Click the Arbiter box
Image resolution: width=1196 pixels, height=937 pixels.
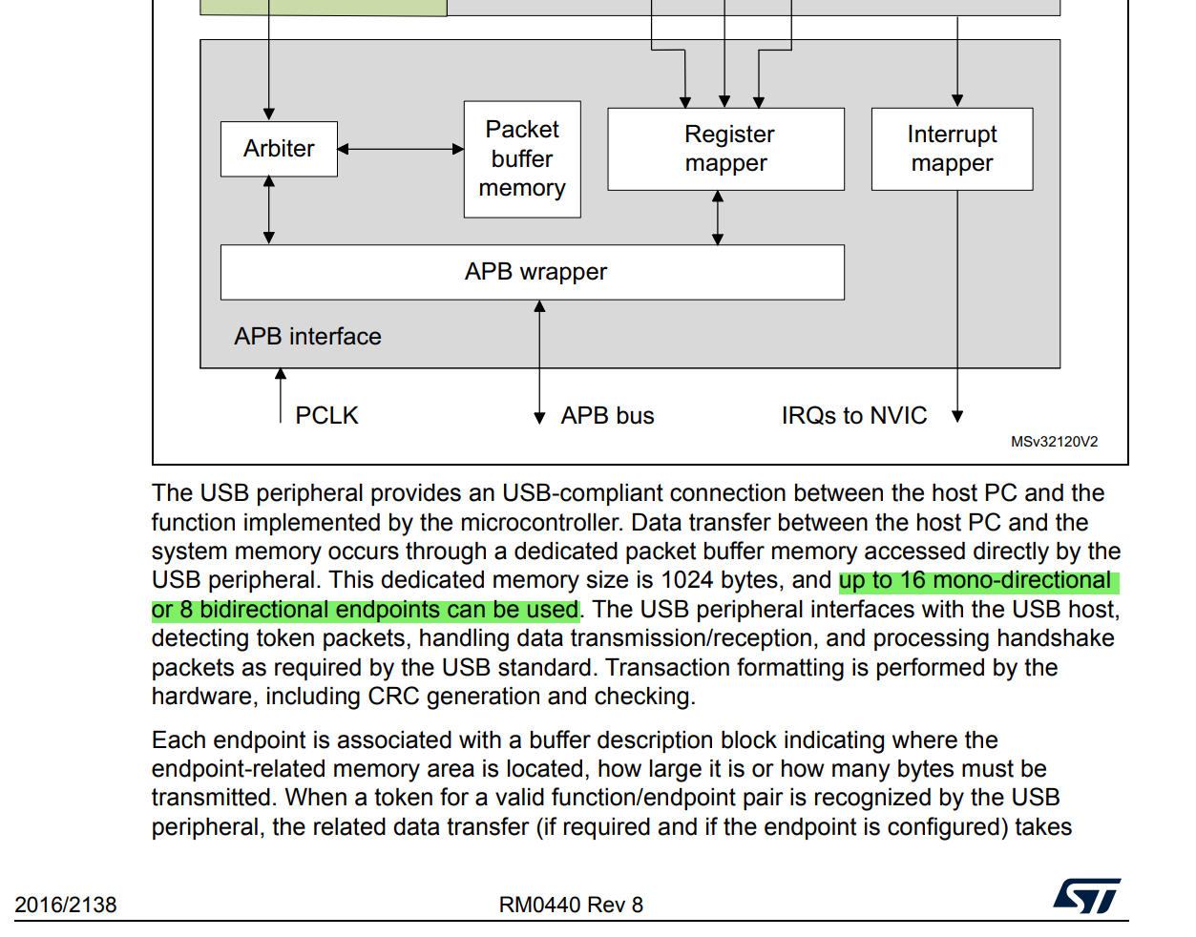[279, 149]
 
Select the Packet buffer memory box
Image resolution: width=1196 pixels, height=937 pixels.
[522, 159]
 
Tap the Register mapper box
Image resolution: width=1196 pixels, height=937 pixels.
[725, 149]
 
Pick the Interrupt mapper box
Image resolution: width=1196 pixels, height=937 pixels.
[952, 149]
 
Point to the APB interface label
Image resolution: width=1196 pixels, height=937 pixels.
[307, 337]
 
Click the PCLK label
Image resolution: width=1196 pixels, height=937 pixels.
[326, 416]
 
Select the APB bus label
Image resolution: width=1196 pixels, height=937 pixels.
[607, 416]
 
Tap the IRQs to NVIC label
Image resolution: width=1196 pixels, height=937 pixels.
[853, 416]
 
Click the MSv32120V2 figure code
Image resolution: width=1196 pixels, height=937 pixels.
[1054, 442]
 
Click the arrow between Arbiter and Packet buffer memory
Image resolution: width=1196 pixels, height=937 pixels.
[401, 149]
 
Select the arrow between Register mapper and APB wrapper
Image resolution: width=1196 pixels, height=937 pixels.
[718, 218]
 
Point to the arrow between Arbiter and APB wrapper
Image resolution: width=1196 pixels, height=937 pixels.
[269, 210]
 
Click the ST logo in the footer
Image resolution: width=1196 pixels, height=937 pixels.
[1086, 897]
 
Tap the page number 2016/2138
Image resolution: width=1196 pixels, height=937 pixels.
[66, 905]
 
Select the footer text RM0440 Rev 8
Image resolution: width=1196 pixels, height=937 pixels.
[571, 905]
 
